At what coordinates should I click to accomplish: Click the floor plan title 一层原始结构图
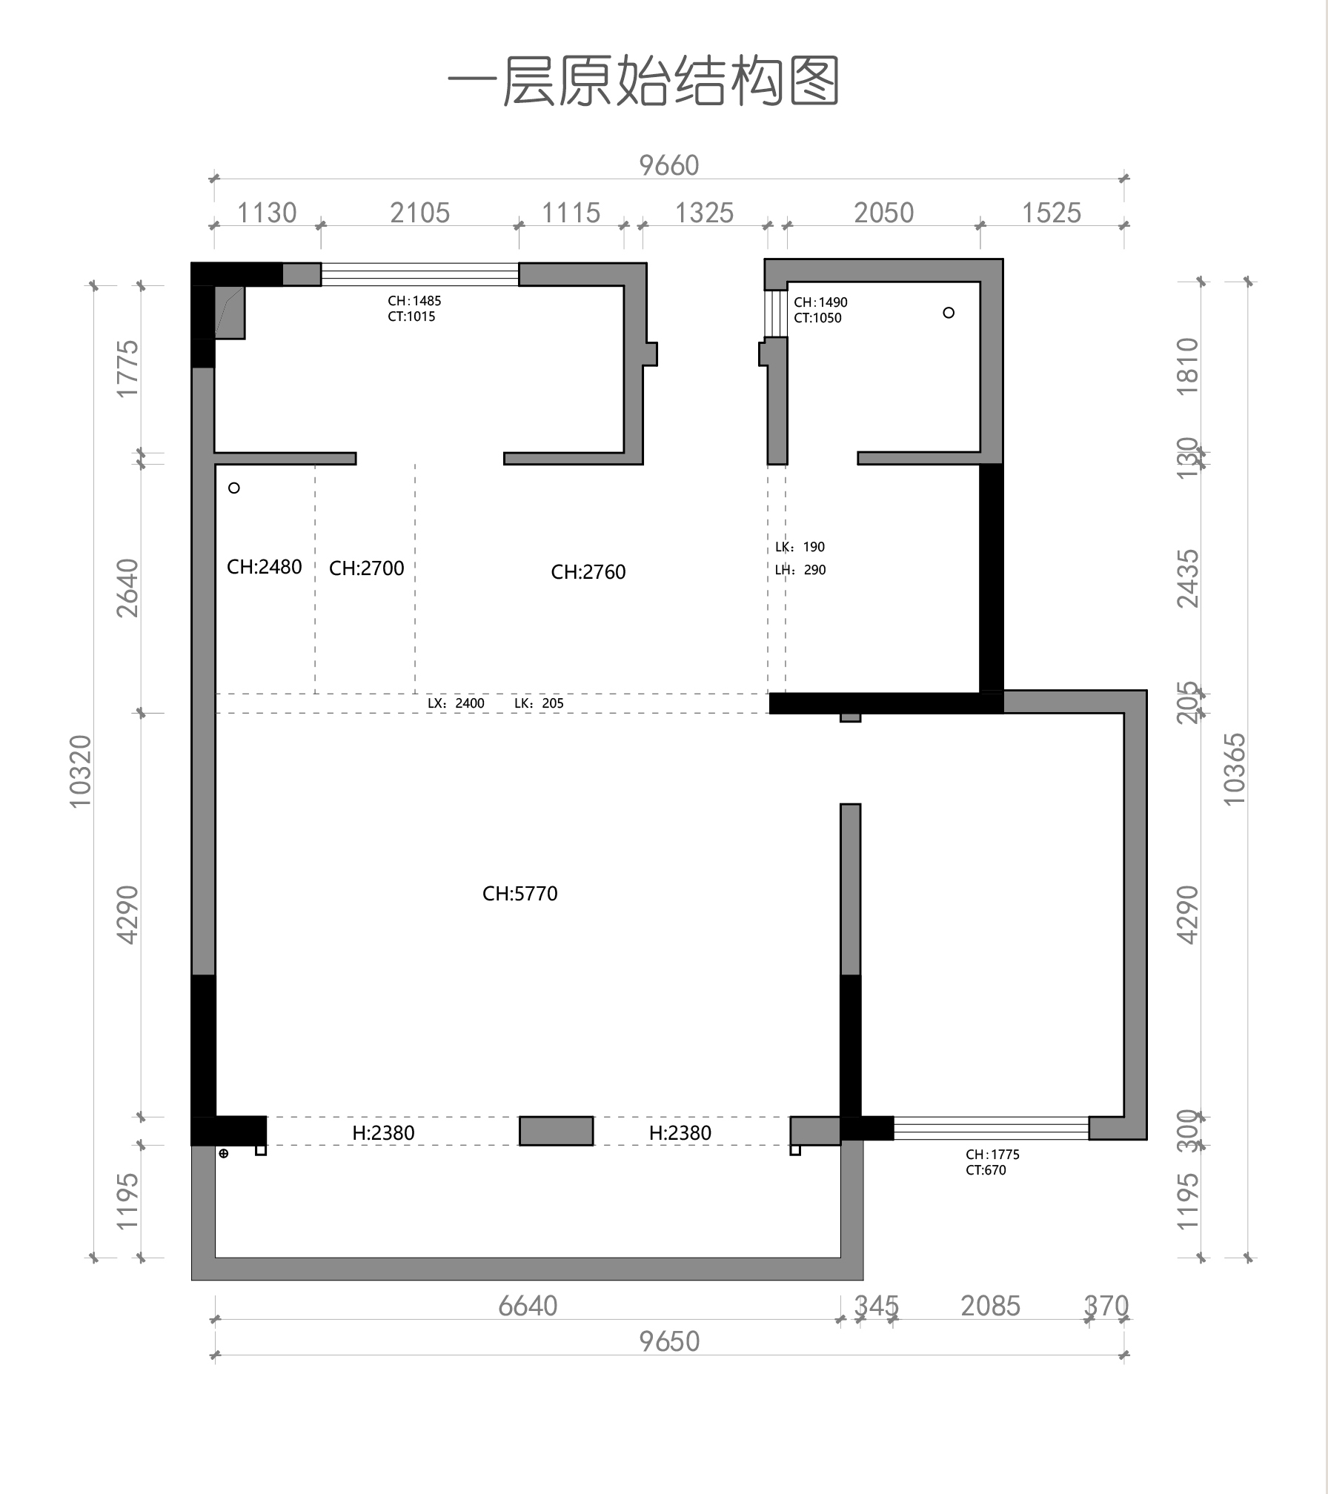(x=643, y=81)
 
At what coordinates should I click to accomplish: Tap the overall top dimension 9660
(x=669, y=165)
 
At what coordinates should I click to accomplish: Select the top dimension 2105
(x=420, y=213)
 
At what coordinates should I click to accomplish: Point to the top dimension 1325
(x=704, y=213)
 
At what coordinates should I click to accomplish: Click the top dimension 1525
(x=1052, y=213)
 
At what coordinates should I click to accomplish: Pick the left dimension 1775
(x=127, y=368)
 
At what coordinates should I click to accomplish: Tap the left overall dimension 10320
(x=80, y=771)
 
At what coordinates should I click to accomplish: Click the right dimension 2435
(x=1188, y=579)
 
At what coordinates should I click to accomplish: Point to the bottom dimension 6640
(x=528, y=1306)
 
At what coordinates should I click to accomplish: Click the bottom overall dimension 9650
(x=669, y=1341)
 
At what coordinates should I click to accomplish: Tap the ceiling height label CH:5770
(x=520, y=894)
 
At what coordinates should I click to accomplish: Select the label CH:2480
(x=265, y=567)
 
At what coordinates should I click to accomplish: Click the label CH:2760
(x=588, y=572)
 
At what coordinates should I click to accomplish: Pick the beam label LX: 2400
(x=456, y=703)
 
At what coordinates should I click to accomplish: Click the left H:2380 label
(x=383, y=1133)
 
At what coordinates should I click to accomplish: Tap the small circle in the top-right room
(x=949, y=313)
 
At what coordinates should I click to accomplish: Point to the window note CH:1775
(x=992, y=1155)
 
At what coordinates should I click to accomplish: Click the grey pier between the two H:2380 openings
(x=557, y=1131)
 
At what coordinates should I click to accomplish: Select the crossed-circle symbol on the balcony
(x=224, y=1153)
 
